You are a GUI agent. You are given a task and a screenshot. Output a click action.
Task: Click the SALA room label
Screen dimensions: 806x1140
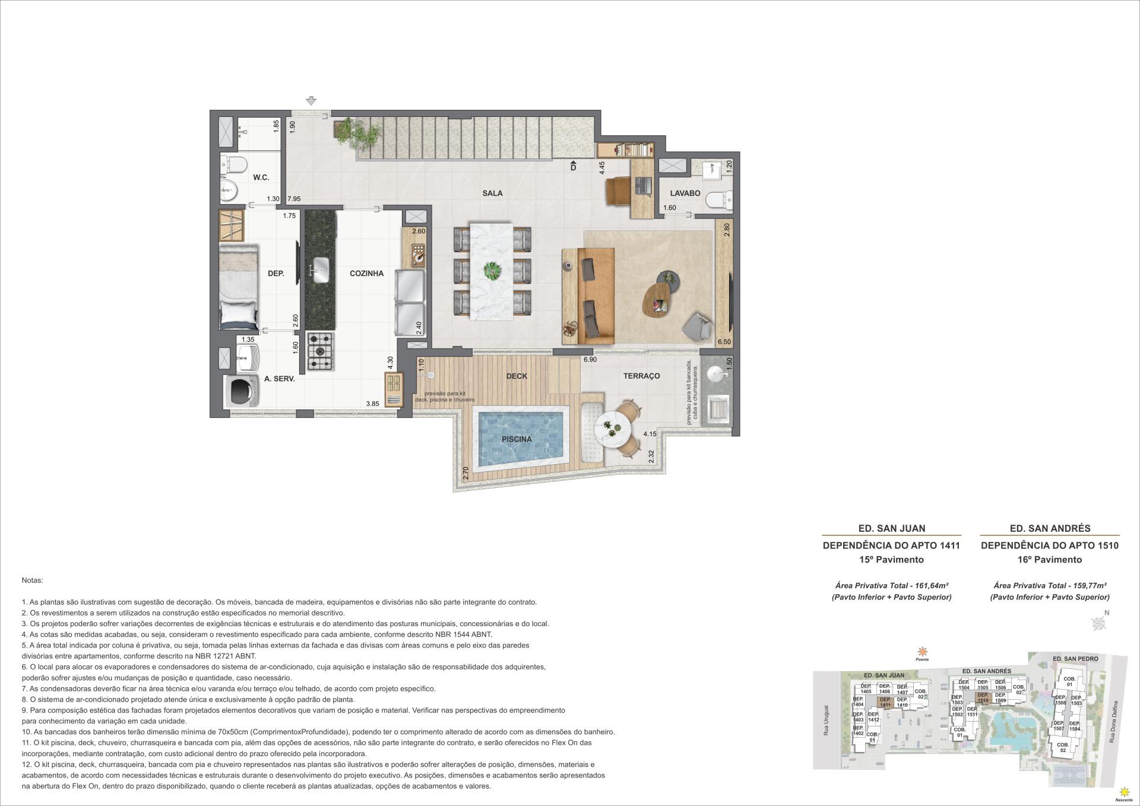point(492,193)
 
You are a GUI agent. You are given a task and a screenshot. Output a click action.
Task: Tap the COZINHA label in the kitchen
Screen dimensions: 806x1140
point(366,274)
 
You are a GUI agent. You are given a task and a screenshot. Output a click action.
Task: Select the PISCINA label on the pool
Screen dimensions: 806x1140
point(516,439)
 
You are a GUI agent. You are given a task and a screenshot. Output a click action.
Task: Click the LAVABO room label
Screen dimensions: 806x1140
point(685,193)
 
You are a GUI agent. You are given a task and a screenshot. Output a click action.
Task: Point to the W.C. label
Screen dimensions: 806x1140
point(261,177)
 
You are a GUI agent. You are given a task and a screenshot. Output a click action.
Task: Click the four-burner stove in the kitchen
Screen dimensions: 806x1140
point(320,351)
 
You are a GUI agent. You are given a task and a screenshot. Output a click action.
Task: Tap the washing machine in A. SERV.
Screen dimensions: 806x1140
point(240,390)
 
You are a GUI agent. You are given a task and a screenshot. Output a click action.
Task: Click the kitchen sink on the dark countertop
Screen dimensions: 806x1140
point(319,271)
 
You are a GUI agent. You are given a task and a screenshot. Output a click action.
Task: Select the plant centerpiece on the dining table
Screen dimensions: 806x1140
point(492,271)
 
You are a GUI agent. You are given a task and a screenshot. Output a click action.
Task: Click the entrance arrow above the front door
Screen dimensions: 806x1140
point(311,101)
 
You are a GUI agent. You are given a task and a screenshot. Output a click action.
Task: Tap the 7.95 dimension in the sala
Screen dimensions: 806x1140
point(294,199)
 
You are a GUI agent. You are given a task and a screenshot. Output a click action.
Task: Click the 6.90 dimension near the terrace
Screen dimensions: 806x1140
point(589,360)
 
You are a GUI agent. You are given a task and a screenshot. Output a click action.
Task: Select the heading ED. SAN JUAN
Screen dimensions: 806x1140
point(891,528)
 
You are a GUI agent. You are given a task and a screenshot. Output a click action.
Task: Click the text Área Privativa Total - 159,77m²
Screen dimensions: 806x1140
point(1049,585)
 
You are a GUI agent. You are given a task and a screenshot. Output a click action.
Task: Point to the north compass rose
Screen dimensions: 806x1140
point(1100,623)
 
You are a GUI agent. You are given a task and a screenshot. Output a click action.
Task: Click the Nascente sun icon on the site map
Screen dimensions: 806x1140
point(1123,792)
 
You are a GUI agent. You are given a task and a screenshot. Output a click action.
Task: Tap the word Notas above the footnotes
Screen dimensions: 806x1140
point(33,580)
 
